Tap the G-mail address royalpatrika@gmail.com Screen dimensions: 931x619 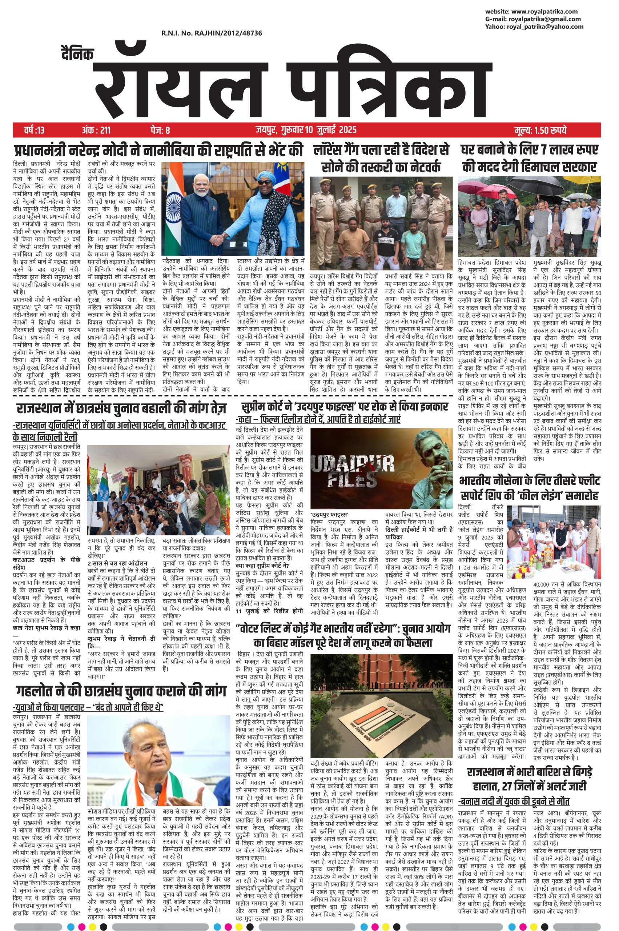[x=544, y=19]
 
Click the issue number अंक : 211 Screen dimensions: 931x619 [x=96, y=129]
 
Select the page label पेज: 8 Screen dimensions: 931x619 [x=160, y=129]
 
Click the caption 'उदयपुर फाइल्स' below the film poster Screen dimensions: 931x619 [x=330, y=514]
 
